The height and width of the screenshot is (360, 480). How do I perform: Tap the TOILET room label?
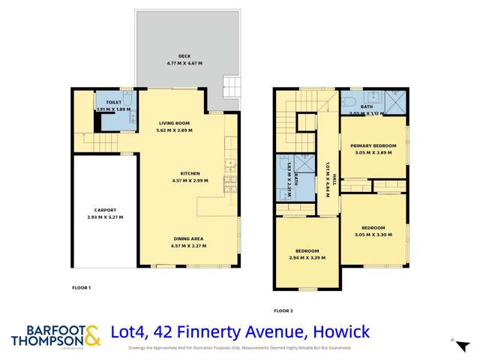point(114,102)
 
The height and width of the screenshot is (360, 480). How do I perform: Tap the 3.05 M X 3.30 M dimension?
point(373,234)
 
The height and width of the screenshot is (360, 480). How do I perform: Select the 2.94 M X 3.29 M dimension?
point(307,257)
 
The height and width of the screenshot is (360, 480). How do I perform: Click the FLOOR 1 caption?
point(81,288)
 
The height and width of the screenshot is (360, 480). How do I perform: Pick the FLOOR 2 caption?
point(283,310)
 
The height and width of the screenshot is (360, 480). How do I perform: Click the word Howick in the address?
point(343,331)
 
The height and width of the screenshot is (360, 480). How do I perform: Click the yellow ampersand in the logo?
point(91,334)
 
